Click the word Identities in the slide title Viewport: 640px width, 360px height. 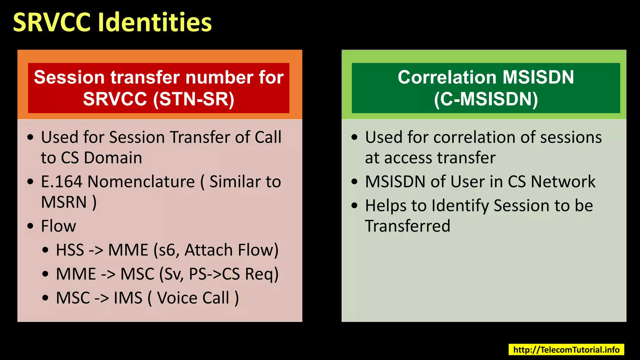click(155, 22)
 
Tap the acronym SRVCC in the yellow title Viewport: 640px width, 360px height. click(52, 22)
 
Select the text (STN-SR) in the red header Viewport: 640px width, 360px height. click(194, 99)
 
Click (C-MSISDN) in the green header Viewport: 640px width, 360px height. click(486, 99)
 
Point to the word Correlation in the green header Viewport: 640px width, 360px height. click(447, 77)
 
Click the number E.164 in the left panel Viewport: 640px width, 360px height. click(62, 182)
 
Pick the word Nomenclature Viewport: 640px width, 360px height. click(141, 182)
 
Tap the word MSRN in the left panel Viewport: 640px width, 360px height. click(64, 202)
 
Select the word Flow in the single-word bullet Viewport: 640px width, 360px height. click(58, 226)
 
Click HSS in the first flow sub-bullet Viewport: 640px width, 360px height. click(70, 250)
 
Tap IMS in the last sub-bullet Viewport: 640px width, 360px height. click(128, 298)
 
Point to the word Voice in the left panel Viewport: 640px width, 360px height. click(177, 298)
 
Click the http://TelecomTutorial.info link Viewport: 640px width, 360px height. click(566, 350)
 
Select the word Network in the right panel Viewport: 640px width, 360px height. click(563, 182)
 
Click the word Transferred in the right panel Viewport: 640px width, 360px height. click(407, 226)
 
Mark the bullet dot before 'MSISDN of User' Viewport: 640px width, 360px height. click(354, 182)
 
